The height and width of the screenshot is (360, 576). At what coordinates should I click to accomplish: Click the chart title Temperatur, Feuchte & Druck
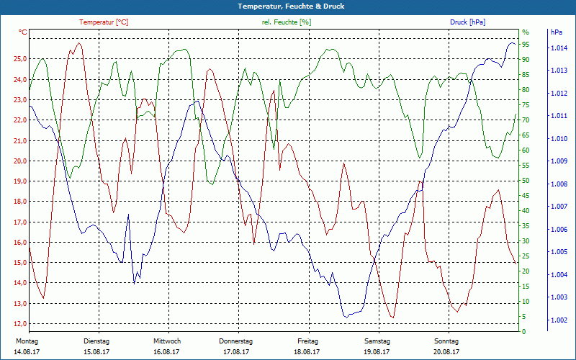pyautogui.click(x=287, y=6)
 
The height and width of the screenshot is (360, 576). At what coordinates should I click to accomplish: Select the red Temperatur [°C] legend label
pyautogui.click(x=104, y=22)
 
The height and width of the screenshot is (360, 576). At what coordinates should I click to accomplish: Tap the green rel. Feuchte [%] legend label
pyautogui.click(x=287, y=22)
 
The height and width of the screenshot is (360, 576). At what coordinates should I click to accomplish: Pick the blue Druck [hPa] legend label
pyautogui.click(x=467, y=22)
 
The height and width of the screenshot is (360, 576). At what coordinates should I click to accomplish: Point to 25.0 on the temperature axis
pyautogui.click(x=19, y=59)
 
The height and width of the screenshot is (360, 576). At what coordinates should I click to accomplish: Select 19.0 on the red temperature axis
pyautogui.click(x=19, y=181)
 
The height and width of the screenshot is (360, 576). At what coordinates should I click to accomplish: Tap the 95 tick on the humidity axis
pyautogui.click(x=526, y=44)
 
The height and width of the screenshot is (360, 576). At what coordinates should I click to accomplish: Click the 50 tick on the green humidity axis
pyautogui.click(x=526, y=181)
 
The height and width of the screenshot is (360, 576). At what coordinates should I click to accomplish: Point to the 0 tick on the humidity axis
pyautogui.click(x=523, y=332)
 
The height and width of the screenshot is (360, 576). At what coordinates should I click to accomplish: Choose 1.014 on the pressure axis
pyautogui.click(x=559, y=48)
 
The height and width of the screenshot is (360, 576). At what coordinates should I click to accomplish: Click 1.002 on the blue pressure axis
pyautogui.click(x=559, y=320)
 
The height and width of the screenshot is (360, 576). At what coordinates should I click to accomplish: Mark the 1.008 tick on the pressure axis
pyautogui.click(x=559, y=184)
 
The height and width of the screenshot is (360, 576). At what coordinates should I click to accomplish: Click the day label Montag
pyautogui.click(x=27, y=341)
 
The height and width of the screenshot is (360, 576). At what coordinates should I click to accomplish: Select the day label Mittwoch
pyautogui.click(x=167, y=341)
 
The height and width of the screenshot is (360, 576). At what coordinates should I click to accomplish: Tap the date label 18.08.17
pyautogui.click(x=307, y=352)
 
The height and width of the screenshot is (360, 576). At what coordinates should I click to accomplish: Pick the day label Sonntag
pyautogui.click(x=446, y=341)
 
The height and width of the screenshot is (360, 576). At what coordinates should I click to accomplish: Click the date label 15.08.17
pyautogui.click(x=96, y=352)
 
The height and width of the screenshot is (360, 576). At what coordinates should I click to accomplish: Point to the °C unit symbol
pyautogui.click(x=23, y=32)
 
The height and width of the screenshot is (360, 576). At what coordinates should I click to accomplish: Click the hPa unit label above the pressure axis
pyautogui.click(x=557, y=32)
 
